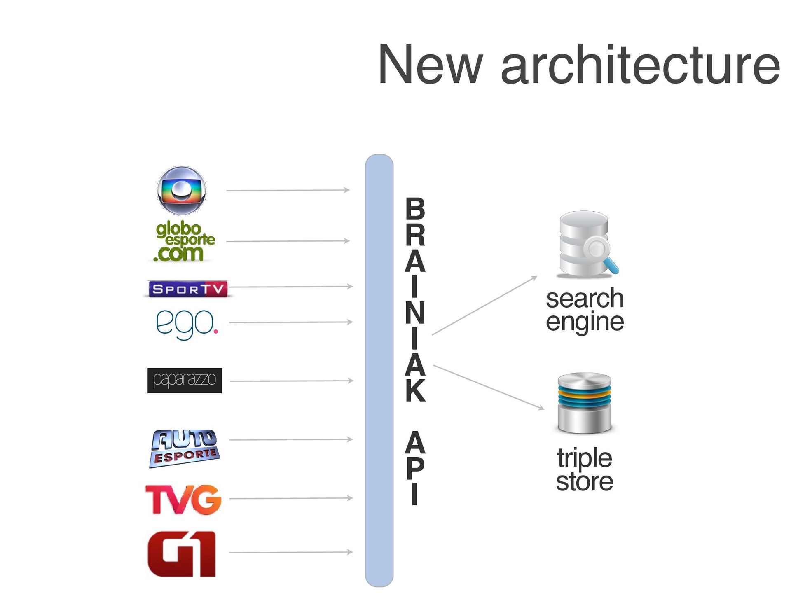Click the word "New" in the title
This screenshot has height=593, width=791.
430,65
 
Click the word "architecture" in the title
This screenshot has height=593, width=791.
640,65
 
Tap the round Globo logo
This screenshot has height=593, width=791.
181,191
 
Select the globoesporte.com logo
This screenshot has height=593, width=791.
184,242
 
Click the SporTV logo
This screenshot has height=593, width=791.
187,289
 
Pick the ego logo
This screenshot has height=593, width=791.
187,324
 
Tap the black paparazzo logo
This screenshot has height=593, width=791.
184,381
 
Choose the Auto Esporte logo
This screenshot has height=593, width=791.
184,448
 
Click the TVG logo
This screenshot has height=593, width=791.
184,499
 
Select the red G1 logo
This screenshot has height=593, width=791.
182,554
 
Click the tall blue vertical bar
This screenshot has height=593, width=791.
379,371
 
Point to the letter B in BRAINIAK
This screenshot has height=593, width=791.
415,209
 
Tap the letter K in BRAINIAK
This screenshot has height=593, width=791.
415,390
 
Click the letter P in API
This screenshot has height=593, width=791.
415,468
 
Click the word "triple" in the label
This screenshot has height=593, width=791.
585,458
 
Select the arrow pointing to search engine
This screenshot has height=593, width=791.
484,306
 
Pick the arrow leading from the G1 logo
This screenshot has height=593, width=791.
290,552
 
